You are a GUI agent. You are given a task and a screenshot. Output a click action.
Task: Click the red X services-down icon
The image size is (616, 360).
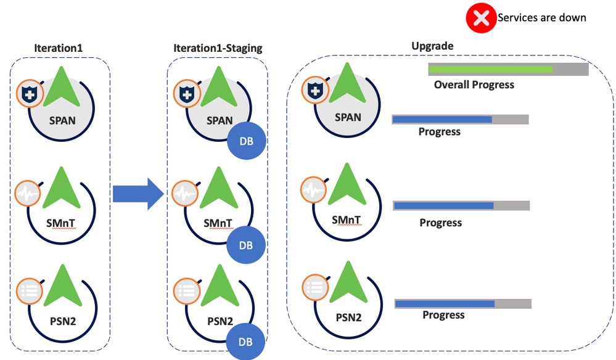481,18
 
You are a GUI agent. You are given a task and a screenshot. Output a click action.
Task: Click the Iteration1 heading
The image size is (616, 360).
59,47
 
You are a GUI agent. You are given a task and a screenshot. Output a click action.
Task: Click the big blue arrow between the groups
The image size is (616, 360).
138,194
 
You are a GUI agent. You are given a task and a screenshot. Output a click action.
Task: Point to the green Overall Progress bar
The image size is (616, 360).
491,69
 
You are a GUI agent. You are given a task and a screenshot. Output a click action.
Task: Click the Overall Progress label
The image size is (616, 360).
474,84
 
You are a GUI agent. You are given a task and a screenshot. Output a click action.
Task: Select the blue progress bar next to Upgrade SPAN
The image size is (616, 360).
442,119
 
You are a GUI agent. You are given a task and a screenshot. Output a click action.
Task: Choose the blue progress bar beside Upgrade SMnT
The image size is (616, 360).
444,205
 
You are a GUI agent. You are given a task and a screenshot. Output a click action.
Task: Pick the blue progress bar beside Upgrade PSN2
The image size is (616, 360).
445,303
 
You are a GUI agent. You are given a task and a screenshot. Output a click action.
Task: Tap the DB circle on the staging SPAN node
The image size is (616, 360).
246,142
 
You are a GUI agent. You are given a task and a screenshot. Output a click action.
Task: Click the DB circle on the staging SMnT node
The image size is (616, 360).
246,245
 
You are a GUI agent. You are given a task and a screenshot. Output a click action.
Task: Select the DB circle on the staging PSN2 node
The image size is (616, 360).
246,342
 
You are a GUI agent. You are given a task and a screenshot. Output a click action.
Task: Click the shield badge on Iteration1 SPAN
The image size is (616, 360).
28,94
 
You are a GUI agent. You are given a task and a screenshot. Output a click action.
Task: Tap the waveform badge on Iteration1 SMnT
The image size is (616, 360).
28,192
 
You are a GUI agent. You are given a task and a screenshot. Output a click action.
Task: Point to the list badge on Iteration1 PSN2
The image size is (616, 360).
28,289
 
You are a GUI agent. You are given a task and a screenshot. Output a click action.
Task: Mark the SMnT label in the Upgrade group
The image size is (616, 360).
346,219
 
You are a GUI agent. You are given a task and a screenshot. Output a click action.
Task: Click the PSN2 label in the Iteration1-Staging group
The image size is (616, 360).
218,321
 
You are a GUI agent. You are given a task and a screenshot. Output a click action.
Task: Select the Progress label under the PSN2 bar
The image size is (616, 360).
443,315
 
